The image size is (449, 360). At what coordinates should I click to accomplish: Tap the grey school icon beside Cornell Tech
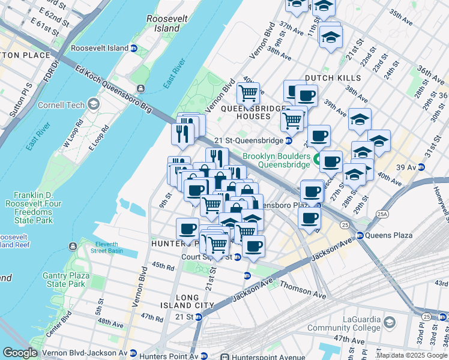pyautogui.click(x=93, y=104)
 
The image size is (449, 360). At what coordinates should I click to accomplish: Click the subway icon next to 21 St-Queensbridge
pyautogui.click(x=289, y=140)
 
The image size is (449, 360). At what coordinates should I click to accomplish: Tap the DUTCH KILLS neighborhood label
pyautogui.click(x=333, y=78)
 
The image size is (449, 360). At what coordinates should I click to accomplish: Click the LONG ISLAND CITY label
pyautogui.click(x=194, y=301)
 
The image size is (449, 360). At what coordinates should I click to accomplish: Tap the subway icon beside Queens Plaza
pyautogui.click(x=360, y=236)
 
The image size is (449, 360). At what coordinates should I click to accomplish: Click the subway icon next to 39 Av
pyautogui.click(x=421, y=166)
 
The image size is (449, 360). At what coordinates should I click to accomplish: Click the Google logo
pyautogui.click(x=20, y=353)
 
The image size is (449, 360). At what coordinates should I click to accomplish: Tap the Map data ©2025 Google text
pyautogui.click(x=412, y=355)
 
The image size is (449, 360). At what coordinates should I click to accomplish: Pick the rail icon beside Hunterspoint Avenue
pyautogui.click(x=224, y=356)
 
